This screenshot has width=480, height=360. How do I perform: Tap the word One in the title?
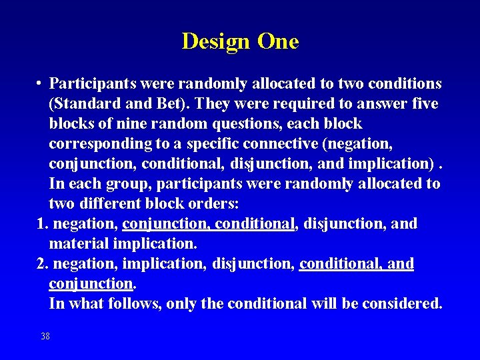click(x=278, y=41)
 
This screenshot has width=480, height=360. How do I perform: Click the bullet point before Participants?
click(x=41, y=83)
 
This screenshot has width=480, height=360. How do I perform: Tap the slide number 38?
click(x=45, y=336)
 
